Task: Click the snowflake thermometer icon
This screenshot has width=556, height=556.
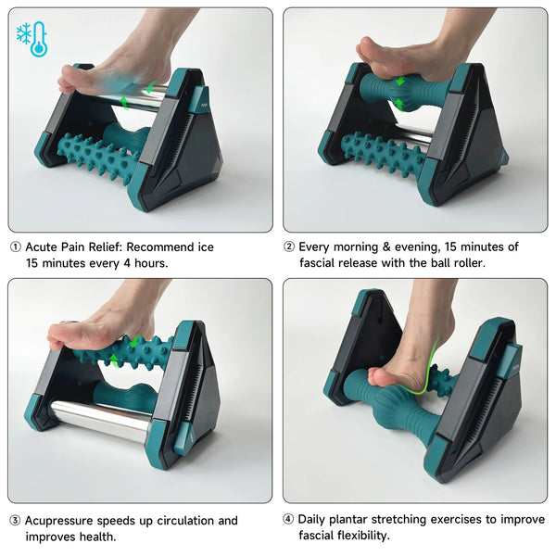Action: tap(31, 39)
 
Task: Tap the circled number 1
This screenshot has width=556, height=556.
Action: tap(15, 247)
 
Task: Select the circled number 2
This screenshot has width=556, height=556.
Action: tap(289, 247)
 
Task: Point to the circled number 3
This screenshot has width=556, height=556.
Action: tap(15, 521)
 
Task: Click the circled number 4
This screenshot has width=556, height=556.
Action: tap(289, 519)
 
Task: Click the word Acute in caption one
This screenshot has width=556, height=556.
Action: tap(44, 247)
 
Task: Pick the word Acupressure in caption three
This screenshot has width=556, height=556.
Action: tap(64, 521)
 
